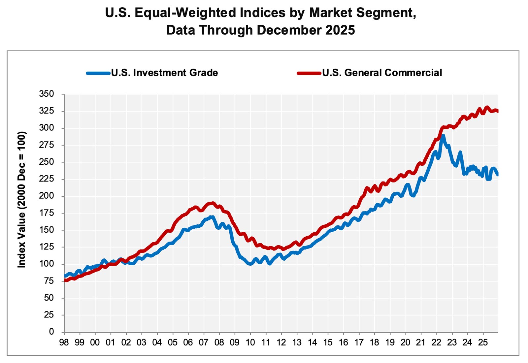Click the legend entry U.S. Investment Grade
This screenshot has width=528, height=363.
[164, 73]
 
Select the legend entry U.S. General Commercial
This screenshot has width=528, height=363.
[382, 73]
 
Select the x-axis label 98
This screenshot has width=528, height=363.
[64, 342]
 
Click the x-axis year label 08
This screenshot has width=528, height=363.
[219, 342]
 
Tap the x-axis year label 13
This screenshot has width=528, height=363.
[297, 342]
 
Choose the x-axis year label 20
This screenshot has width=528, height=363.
[405, 342]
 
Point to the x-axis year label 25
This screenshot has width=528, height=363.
[483, 342]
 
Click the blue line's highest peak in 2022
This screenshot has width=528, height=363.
[443, 136]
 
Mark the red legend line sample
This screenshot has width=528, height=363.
[309, 73]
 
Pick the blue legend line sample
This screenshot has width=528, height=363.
[98, 73]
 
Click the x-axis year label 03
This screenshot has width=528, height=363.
[142, 342]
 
